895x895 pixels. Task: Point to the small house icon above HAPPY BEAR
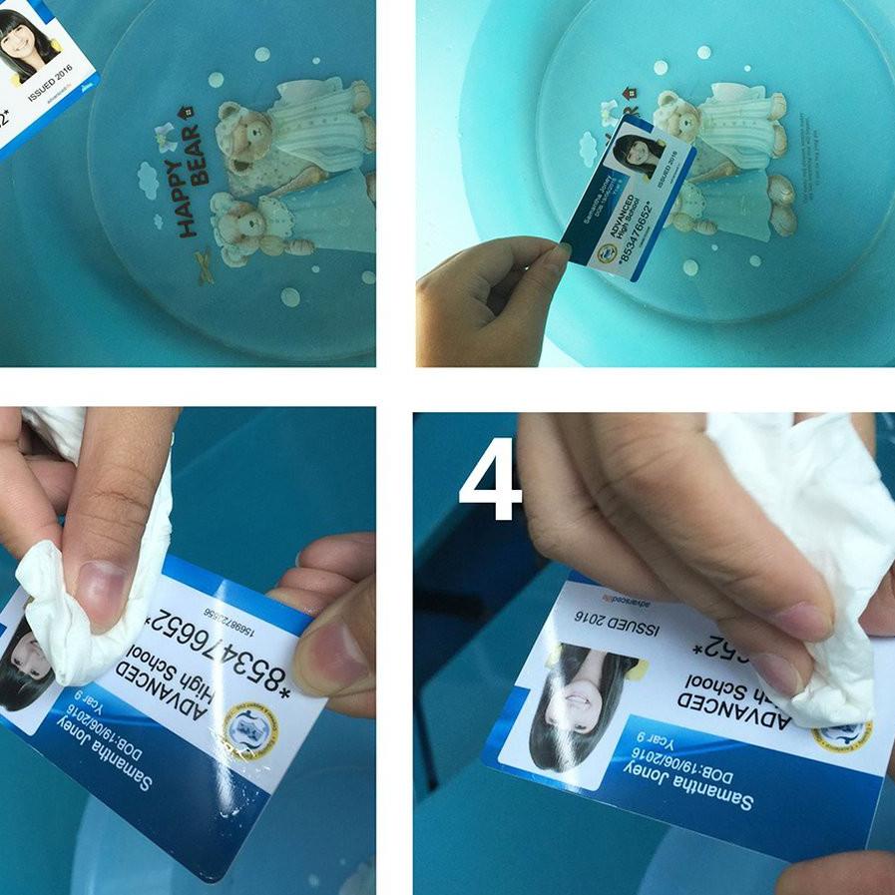(182, 112)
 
